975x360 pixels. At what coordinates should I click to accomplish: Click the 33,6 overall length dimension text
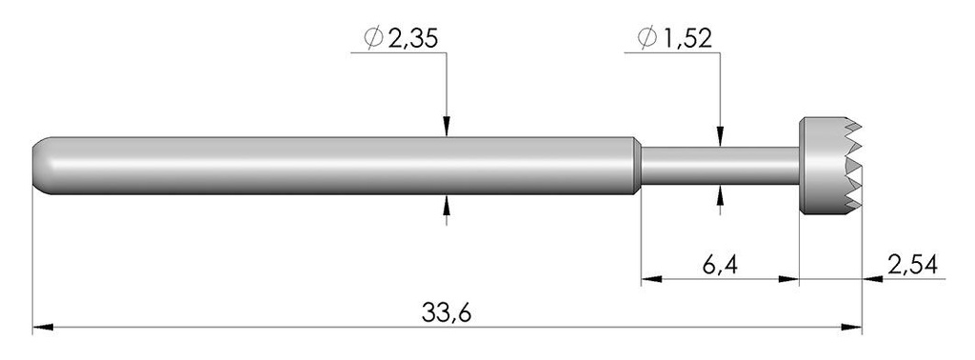click(446, 312)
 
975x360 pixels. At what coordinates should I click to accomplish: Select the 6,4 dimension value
click(720, 266)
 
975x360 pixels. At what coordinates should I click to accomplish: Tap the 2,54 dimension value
click(912, 265)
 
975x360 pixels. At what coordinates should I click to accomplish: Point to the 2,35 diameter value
click(413, 39)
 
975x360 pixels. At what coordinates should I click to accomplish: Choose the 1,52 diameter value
click(686, 39)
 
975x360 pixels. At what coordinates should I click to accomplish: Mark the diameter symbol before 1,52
click(647, 39)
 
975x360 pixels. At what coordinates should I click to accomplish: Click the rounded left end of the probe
click(42, 166)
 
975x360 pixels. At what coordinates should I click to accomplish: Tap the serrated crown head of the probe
click(830, 166)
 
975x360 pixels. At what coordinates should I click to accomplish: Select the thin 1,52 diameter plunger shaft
click(720, 166)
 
